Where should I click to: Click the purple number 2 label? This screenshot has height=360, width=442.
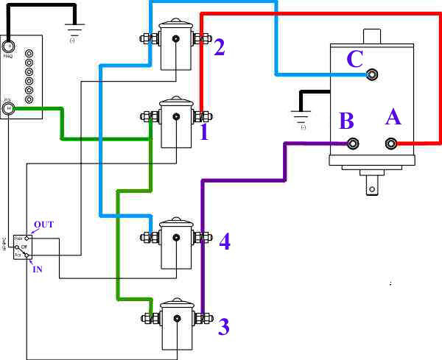(x=220, y=48)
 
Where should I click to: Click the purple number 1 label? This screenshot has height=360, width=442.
(x=204, y=133)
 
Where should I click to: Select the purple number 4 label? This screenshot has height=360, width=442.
(x=225, y=241)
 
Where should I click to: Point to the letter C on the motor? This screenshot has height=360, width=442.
(x=355, y=59)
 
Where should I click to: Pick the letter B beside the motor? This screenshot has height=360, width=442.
(x=347, y=120)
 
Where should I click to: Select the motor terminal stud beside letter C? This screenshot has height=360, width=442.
(x=372, y=74)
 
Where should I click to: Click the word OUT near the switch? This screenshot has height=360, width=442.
(x=43, y=224)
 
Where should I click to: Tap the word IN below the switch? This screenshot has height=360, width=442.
(x=37, y=269)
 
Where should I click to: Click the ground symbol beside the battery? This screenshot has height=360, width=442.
(x=73, y=32)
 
